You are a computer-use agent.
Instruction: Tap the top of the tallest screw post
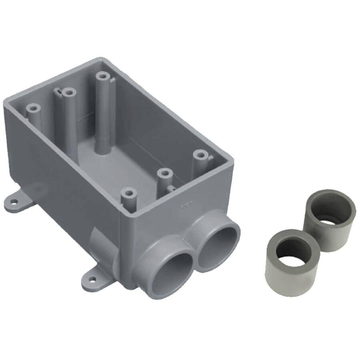pyautogui.click(x=103, y=75)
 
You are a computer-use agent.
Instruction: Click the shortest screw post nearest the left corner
pyautogui.click(x=33, y=108)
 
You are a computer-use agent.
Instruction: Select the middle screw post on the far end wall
pyautogui.click(x=69, y=93)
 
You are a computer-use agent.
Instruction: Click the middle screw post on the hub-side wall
pyautogui.click(x=164, y=173)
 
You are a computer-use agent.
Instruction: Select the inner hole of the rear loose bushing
pyautogui.click(x=330, y=210)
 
